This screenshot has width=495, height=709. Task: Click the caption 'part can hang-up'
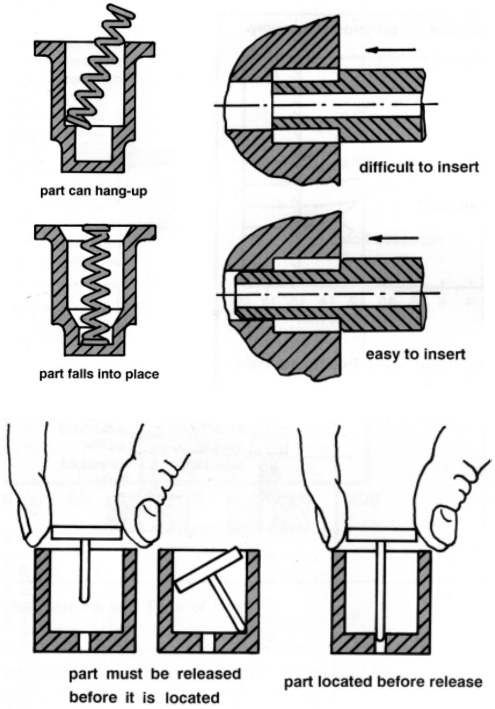[x=93, y=191]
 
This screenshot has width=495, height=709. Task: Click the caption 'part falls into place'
[x=99, y=374]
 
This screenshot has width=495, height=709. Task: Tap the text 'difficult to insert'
[x=419, y=167]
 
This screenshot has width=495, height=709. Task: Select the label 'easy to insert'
[x=415, y=355]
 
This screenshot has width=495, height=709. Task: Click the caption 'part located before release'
[x=383, y=682]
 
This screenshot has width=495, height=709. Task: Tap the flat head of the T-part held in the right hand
[x=380, y=536]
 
